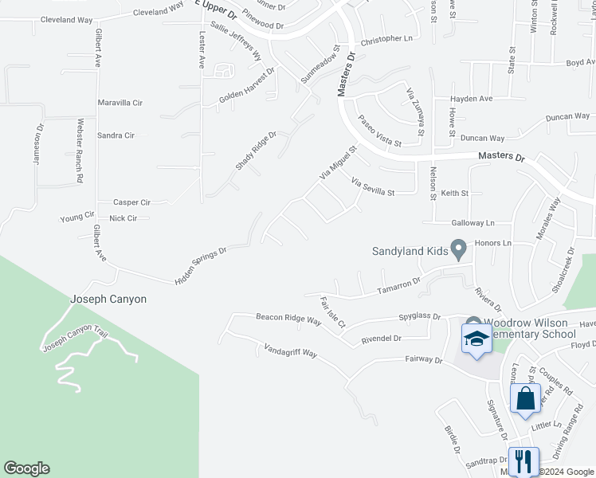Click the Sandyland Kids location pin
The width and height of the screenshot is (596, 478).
(458, 250)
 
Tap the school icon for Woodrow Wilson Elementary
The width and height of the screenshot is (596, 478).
(476, 339)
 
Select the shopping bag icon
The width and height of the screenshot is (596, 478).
(526, 398)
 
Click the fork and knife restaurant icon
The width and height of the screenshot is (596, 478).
(523, 460)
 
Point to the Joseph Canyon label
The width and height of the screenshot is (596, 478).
(108, 300)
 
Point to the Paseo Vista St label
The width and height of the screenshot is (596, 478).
(379, 131)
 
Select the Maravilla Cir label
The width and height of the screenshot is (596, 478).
(120, 103)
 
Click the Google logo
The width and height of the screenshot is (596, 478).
(26, 468)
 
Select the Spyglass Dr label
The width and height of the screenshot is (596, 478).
(419, 316)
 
